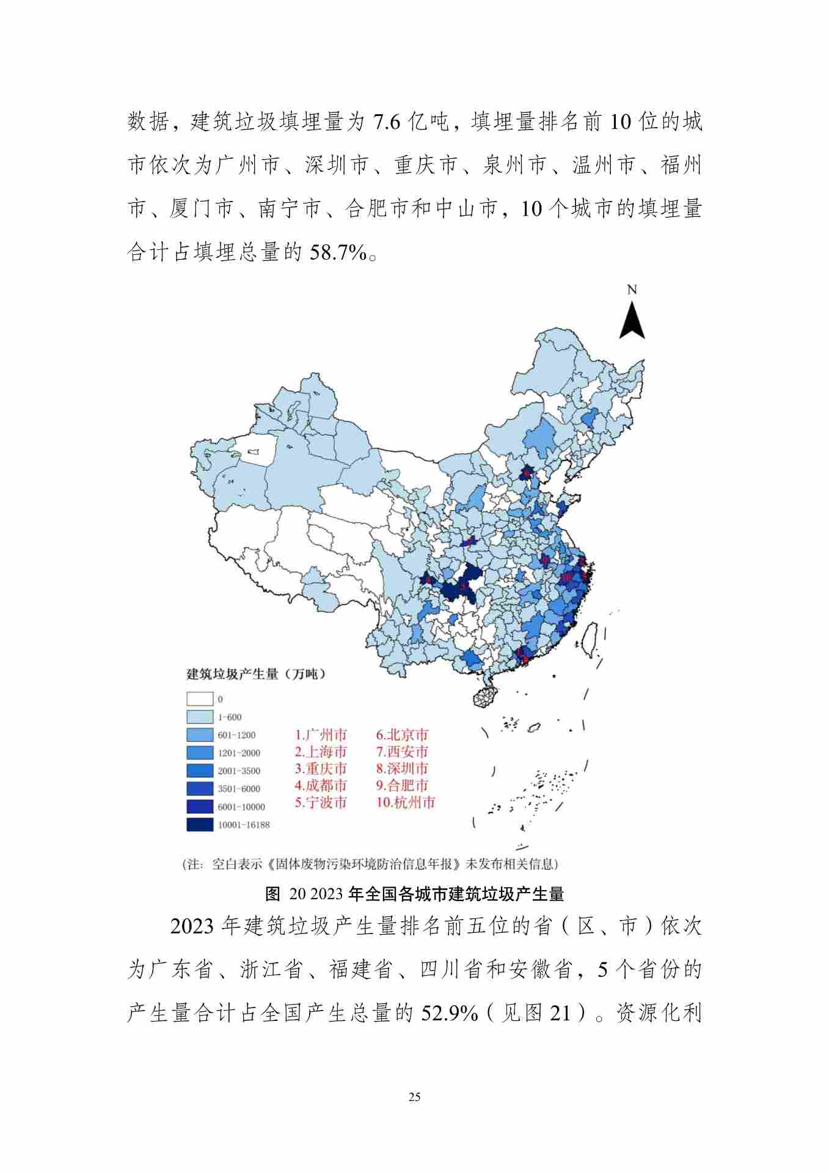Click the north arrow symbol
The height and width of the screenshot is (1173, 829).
[632, 318]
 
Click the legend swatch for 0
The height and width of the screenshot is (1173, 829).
[200, 699]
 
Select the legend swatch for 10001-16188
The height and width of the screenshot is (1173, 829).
[200, 824]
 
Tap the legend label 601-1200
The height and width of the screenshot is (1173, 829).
[236, 735]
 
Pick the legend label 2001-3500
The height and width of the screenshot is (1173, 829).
[239, 771]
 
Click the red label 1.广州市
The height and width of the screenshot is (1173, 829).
[321, 735]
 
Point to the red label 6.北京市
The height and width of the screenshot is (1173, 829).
[402, 735]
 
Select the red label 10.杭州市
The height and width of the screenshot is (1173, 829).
[406, 802]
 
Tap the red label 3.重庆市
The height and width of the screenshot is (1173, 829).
[321, 769]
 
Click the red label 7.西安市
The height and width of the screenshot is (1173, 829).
[402, 751]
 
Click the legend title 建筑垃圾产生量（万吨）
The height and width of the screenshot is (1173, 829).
[255, 674]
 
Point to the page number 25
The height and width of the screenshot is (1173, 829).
[414, 1097]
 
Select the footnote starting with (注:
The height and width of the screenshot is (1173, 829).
[370, 864]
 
